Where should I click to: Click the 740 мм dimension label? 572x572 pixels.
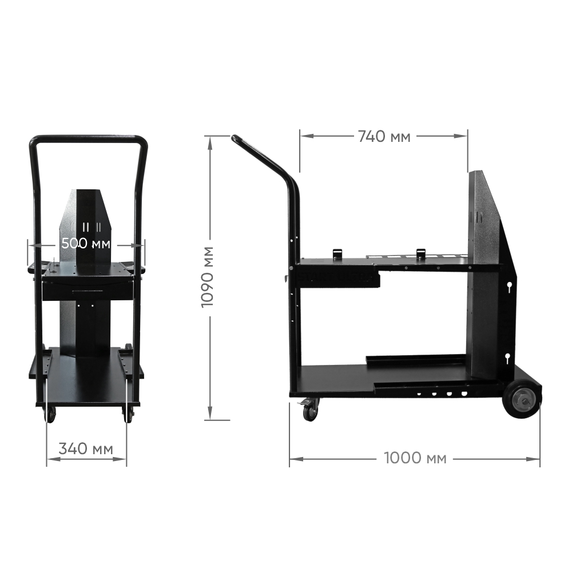(384, 137)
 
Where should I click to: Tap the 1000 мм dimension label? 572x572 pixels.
(415, 458)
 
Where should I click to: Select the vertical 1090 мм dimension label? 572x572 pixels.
(208, 277)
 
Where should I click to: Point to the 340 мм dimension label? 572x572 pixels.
(86, 448)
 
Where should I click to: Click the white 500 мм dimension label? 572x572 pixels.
(86, 243)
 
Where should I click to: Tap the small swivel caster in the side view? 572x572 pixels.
(309, 410)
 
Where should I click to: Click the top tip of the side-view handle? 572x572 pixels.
(234, 138)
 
